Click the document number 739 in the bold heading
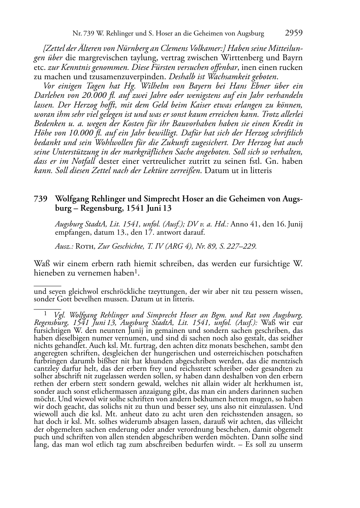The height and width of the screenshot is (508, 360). click(40, 199)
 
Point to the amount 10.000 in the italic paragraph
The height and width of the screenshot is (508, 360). click(88, 133)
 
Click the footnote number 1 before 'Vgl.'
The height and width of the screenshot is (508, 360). click(46, 313)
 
